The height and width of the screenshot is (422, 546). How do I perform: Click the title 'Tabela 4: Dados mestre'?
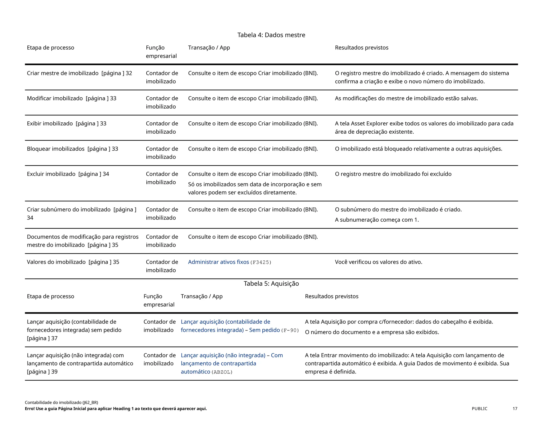(x=271, y=35)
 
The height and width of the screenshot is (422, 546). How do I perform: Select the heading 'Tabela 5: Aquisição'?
(x=271, y=284)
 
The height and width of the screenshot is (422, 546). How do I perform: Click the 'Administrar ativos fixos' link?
(x=218, y=262)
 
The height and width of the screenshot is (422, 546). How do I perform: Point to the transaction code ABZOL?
(x=222, y=372)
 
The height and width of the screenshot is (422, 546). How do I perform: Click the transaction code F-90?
(x=290, y=331)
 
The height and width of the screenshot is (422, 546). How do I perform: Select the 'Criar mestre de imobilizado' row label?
(x=63, y=73)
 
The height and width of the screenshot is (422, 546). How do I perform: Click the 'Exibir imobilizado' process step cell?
(x=50, y=124)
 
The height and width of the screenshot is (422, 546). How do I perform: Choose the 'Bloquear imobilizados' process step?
(x=56, y=149)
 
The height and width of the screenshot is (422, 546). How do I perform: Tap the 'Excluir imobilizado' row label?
(x=51, y=174)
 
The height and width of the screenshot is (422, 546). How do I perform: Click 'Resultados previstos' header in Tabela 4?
(x=362, y=48)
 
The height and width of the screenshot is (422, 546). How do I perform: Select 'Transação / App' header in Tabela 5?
(x=202, y=296)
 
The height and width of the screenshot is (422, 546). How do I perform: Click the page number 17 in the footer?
(x=515, y=409)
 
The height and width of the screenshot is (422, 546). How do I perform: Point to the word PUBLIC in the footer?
(x=479, y=409)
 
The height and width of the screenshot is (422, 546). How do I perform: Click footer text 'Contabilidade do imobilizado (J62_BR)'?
(x=61, y=403)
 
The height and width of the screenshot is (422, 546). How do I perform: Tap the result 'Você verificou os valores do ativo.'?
(x=379, y=262)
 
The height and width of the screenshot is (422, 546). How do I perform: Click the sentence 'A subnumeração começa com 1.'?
(x=377, y=220)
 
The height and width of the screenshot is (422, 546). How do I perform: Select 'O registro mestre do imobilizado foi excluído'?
(x=393, y=174)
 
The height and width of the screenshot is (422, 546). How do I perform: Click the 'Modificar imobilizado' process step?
(x=55, y=98)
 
